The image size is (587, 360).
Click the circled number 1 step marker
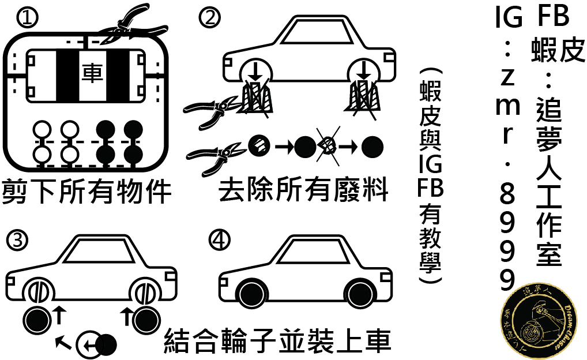[x=28, y=18]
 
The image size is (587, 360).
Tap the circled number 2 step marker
[x=210, y=18]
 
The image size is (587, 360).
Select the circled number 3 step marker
[x=17, y=241]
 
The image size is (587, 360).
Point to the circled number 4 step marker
[x=219, y=241]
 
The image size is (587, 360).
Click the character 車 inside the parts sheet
[x=92, y=73]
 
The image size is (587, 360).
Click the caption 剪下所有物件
[x=87, y=192]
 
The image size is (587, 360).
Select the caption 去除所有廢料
[x=303, y=190]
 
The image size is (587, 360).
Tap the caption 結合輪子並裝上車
[x=278, y=341]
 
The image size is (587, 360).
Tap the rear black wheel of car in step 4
[x=360, y=293]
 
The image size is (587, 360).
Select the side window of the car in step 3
[x=99, y=250]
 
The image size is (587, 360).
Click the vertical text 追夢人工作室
[x=549, y=181]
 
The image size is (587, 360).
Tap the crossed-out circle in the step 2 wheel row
[x=328, y=147]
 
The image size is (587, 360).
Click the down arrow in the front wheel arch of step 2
[x=255, y=71]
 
